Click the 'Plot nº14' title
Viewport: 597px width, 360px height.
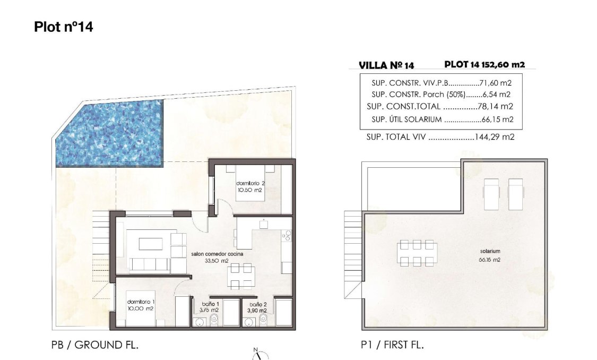coord(63,27)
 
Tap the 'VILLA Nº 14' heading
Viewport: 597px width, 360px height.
coord(386,66)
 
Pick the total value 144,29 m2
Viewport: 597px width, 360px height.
coord(494,137)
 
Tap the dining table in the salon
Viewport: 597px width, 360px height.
coord(241,276)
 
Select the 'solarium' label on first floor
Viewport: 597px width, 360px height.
coord(489,252)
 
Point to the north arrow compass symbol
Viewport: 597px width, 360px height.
coord(261,355)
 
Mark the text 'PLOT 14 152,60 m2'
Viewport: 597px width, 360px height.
coord(484,65)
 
